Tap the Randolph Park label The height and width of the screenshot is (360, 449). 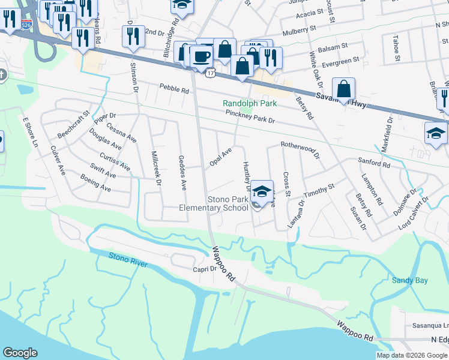tap(250, 103)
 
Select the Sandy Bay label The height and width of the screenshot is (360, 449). tap(410, 280)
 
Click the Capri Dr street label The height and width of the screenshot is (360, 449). tap(205, 269)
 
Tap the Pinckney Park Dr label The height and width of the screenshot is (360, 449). tap(250, 117)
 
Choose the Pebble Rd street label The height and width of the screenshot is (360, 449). tap(174, 88)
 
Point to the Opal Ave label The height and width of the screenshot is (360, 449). tap(220, 158)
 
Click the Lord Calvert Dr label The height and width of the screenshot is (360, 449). tap(414, 214)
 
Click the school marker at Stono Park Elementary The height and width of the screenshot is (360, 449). tap(262, 191)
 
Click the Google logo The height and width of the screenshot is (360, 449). tap(20, 353)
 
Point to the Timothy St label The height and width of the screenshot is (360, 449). tap(318, 191)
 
